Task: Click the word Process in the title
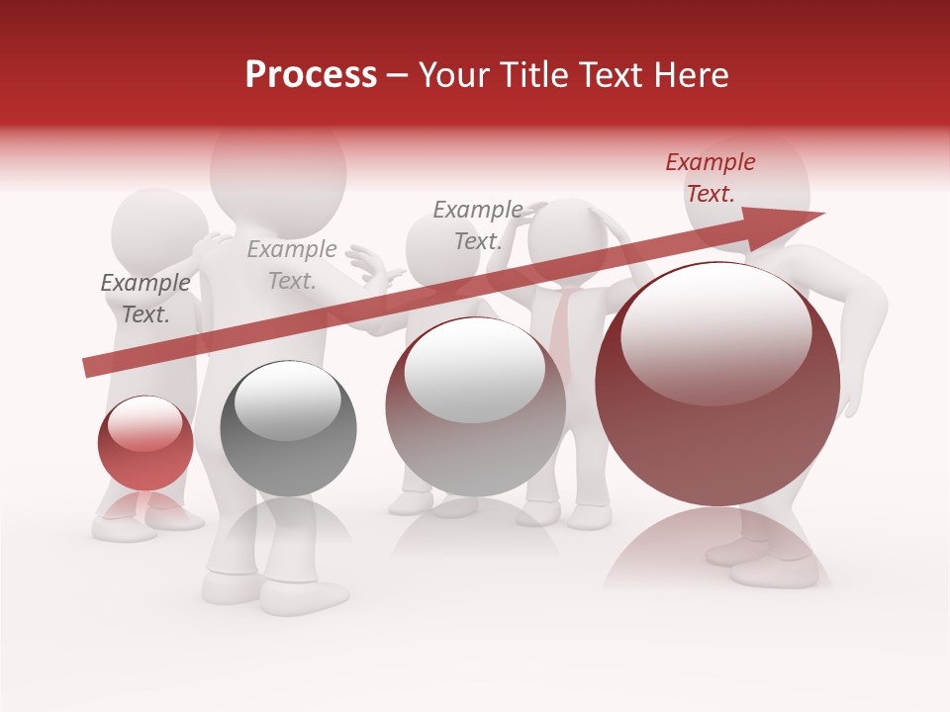pos(311,75)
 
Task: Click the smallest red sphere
pos(145,443)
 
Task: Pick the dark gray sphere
pos(288,428)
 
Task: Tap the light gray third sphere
pos(475,405)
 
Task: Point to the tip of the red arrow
pos(821,214)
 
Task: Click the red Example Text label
pos(710,178)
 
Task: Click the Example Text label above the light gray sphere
pos(478,224)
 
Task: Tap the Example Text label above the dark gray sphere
pos(292,265)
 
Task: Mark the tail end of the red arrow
pos(87,368)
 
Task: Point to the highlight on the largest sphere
pos(715,331)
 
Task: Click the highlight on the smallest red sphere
pos(144,424)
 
